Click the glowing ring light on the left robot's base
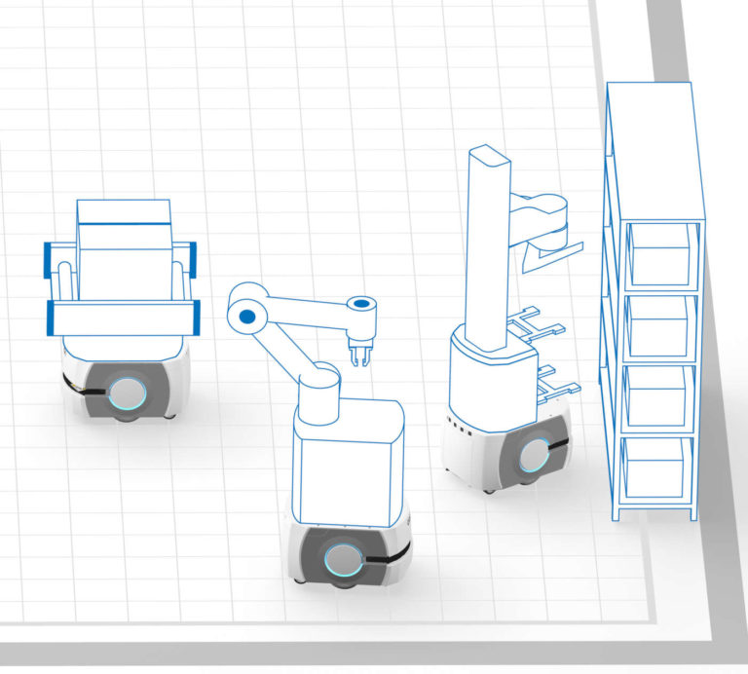pos(129,393)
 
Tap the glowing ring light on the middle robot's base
pos(342,560)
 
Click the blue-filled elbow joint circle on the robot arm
pos(247,317)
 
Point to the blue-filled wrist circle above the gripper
pos(360,304)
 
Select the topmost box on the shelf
pos(662,249)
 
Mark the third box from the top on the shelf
pos(659,393)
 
